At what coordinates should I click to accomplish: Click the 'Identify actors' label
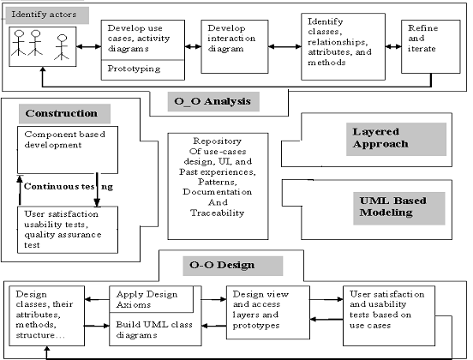point(44,15)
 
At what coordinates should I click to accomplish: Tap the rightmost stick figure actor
point(62,47)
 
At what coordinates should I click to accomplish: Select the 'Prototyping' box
point(143,69)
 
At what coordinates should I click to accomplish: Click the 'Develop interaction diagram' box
point(235,46)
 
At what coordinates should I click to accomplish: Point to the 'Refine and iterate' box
point(431,46)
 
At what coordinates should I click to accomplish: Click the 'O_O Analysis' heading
point(213,101)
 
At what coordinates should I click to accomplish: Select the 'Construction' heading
point(62,113)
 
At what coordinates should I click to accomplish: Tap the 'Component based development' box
point(68,150)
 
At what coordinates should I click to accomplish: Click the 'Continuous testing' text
point(69,187)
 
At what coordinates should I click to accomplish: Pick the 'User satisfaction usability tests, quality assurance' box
point(68,230)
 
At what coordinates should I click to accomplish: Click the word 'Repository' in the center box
point(217,141)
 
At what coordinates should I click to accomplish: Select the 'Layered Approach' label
point(380,138)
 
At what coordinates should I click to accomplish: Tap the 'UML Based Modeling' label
point(392,207)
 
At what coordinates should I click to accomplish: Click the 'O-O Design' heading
point(222,265)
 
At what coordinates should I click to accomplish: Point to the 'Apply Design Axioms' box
point(151,299)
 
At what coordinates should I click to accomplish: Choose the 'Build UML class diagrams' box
point(155,329)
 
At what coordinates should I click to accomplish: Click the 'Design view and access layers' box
point(268,313)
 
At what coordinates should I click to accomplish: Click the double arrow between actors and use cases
point(89,46)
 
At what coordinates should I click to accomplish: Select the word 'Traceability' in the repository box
point(217,213)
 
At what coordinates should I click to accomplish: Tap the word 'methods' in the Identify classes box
point(326,63)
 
